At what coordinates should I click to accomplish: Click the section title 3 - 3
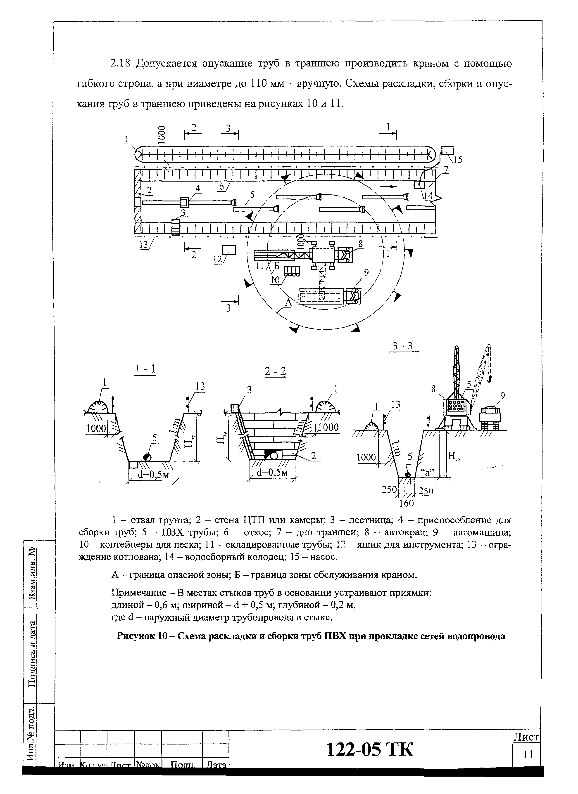click(403, 346)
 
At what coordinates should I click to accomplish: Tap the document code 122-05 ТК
click(370, 749)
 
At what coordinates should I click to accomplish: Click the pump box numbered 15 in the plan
click(447, 151)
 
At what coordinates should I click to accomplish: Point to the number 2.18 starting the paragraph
click(120, 64)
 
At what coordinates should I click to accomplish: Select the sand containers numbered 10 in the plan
click(292, 271)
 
